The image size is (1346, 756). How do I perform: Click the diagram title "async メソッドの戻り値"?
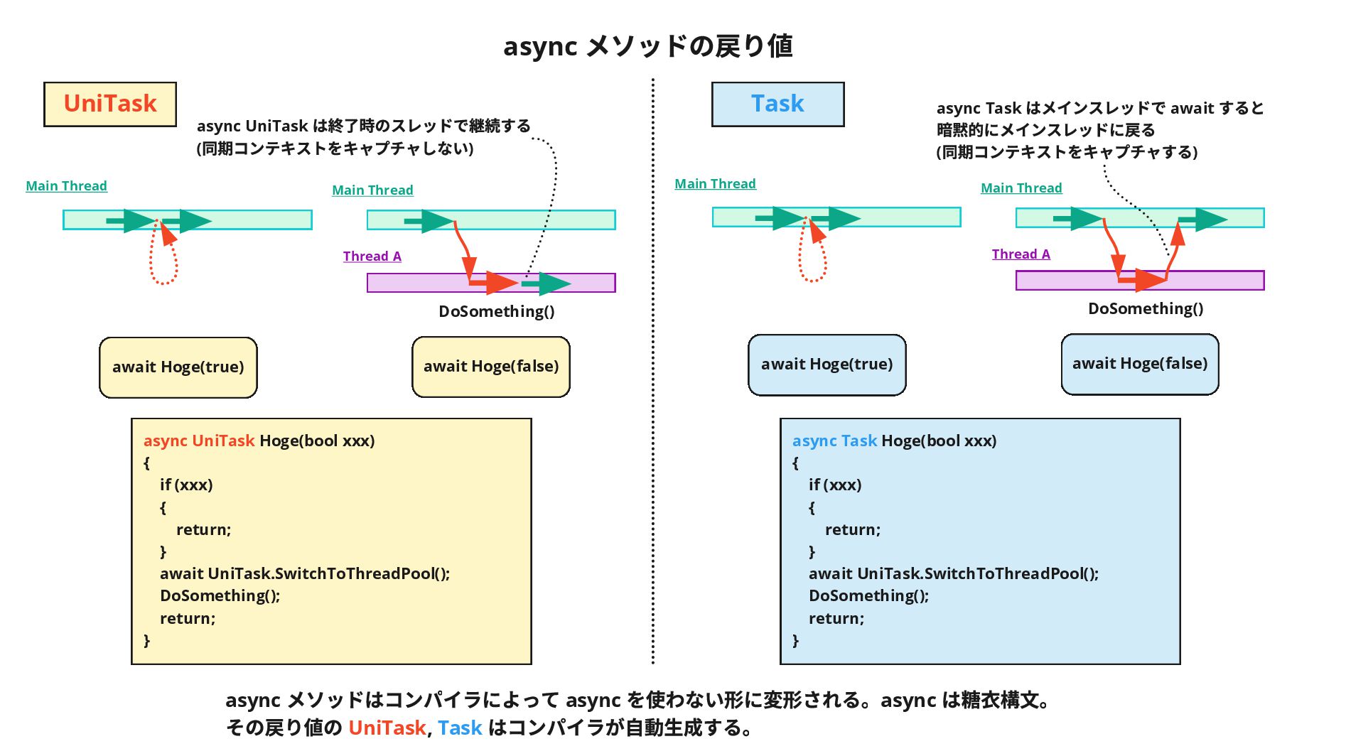pos(647,46)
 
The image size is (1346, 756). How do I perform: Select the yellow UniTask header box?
pos(110,104)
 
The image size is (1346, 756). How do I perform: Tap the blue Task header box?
pos(778,104)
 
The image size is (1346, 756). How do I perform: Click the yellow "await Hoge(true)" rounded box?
pos(178,367)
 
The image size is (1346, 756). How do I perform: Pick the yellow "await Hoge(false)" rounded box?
pos(491,367)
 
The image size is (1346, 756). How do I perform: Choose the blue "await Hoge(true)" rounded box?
pos(827,364)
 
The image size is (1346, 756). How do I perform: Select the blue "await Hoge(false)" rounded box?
pos(1140,364)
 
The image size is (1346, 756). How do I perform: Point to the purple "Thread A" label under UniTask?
pos(372,256)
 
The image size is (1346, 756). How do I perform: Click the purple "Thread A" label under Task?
pos(1021,254)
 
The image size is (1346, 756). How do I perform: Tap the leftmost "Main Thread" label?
pos(67,186)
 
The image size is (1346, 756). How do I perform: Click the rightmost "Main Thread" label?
pos(1021,188)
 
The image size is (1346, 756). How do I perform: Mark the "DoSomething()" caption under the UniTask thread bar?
pos(497,311)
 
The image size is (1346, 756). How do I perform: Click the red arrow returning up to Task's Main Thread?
pos(1173,252)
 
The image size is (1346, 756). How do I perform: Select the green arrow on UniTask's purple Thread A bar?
pos(546,283)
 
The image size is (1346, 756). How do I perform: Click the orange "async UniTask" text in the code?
pos(199,441)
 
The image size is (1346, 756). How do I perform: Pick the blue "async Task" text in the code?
pos(835,441)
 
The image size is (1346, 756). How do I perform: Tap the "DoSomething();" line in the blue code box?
pos(869,595)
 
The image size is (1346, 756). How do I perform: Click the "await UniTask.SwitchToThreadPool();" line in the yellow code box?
pos(305,573)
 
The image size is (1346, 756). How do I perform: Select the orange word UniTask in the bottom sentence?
pos(387,728)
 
